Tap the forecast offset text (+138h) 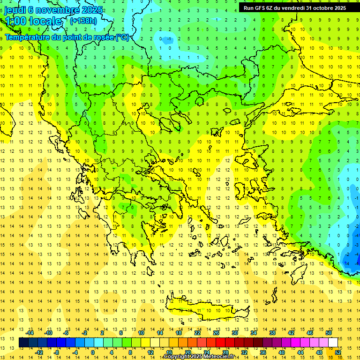83,21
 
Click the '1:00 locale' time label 33,21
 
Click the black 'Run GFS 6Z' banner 294,7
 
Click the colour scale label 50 328,333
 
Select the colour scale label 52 338,352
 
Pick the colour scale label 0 92,352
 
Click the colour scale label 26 216,333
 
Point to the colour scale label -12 39,352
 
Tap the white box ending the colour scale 333,343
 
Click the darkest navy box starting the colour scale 23,343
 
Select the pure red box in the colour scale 220,343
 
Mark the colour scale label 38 272,333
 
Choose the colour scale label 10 141,333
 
